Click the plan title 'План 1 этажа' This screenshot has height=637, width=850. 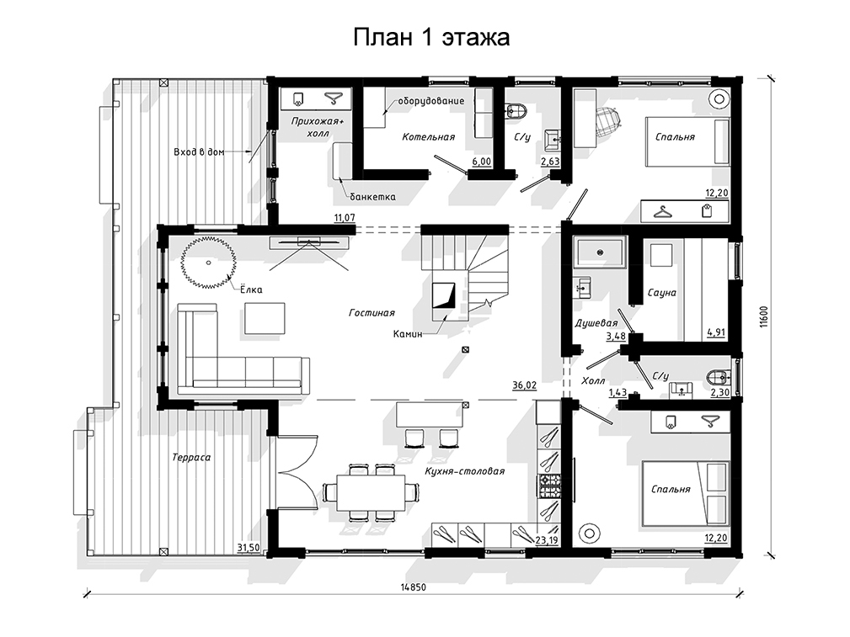pos(431,37)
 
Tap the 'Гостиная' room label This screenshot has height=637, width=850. pos(372,312)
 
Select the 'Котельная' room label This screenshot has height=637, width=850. pos(428,137)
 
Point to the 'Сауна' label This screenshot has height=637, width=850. pos(662,293)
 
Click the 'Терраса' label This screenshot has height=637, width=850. pos(191,457)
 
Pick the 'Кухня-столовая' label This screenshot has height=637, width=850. pos(465,471)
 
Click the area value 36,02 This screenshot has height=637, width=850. pos(524,385)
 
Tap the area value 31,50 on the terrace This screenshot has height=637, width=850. pos(249,548)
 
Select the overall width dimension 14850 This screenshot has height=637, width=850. pos(414,587)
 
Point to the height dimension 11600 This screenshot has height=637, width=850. pos(764,317)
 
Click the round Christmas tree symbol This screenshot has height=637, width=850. pos(209,263)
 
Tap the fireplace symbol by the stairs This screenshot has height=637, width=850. pos(443,295)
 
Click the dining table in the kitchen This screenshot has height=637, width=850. pos(372,492)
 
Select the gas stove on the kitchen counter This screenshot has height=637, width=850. pos(549,485)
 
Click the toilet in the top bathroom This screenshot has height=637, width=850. pos(515,111)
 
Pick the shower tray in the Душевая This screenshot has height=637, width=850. pos(600,252)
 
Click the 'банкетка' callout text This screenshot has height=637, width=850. pos(372,197)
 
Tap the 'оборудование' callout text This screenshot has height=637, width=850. pos(431,101)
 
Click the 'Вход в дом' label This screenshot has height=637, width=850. pos(199,152)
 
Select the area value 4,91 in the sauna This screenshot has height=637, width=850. pos(716,332)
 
